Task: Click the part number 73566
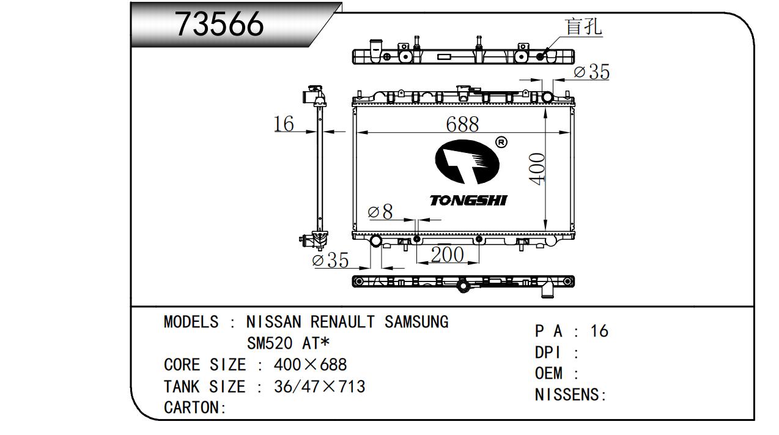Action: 220,24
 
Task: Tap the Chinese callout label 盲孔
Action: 583,26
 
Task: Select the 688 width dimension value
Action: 462,124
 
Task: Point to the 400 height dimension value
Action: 537,168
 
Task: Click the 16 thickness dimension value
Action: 284,124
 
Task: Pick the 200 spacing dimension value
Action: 447,255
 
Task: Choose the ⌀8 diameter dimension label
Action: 380,211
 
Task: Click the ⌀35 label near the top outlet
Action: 591,72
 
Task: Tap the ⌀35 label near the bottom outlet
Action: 330,260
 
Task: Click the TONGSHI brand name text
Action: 468,201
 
